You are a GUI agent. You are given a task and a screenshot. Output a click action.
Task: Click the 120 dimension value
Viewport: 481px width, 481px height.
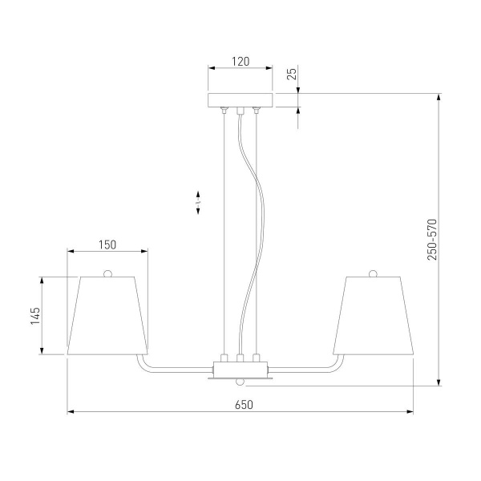240,62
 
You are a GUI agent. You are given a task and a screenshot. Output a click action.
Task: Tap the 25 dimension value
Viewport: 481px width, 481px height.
292,74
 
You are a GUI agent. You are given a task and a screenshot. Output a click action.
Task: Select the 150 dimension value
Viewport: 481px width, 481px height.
107,245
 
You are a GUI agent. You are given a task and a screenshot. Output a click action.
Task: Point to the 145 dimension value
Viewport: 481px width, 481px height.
35,316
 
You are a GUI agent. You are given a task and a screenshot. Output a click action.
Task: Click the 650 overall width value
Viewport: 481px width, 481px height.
244,405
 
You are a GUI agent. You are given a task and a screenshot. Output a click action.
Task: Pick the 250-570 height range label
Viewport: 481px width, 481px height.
432,240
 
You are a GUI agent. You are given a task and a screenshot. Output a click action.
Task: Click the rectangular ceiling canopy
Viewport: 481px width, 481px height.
240,100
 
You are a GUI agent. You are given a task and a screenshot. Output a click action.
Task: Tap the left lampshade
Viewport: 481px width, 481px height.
107,316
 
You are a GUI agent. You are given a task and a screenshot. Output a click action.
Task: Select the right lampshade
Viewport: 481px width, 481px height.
374,316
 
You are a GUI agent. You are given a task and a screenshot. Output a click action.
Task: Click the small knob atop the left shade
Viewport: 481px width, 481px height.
107,273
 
